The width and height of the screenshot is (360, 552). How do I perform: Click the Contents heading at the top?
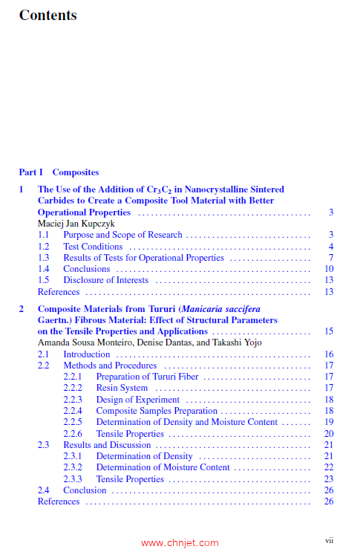pyautogui.click(x=48, y=15)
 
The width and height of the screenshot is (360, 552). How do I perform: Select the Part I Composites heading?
pyautogui.click(x=59, y=172)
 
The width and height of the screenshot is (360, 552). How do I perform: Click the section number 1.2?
pyautogui.click(x=44, y=247)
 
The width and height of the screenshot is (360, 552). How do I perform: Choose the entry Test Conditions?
pyautogui.click(x=93, y=247)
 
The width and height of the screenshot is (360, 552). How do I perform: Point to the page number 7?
pyautogui.click(x=331, y=258)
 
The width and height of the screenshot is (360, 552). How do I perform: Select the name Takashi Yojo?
pyautogui.click(x=220, y=342)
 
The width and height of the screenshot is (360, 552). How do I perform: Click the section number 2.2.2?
pyautogui.click(x=73, y=388)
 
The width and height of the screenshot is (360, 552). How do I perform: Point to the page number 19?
pyautogui.click(x=329, y=422)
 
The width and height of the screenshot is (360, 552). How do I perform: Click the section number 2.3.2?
pyautogui.click(x=73, y=467)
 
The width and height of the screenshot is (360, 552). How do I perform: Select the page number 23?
pyautogui.click(x=329, y=479)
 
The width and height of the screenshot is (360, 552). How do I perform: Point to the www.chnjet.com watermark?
pyautogui.click(x=180, y=543)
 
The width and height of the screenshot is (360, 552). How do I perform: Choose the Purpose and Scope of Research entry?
pyautogui.click(x=122, y=235)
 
